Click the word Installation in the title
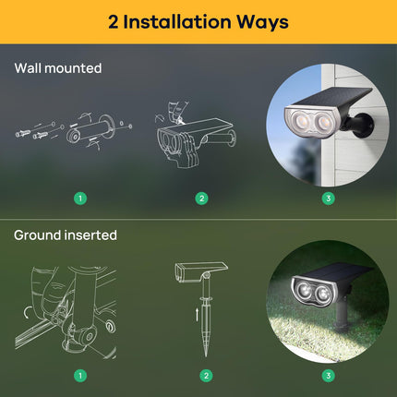pos(177,22)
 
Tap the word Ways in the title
pos(262,22)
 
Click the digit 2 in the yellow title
pos(113,22)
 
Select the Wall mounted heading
pos(58,68)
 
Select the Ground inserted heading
pos(66,235)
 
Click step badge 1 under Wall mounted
pos(80,198)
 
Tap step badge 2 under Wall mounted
pos(201,198)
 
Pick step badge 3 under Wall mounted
pos(328,198)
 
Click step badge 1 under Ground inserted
pos(80,376)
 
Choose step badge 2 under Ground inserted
pos(206,376)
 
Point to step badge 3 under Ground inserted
pos(328,376)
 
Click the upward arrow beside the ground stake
pos(197,315)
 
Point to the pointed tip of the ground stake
pos(206,356)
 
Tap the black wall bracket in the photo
pos(359,125)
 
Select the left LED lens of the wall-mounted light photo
pos(300,121)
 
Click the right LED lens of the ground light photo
pos(323,294)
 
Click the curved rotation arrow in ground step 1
pos(27,313)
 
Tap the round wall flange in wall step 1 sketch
pos(108,126)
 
